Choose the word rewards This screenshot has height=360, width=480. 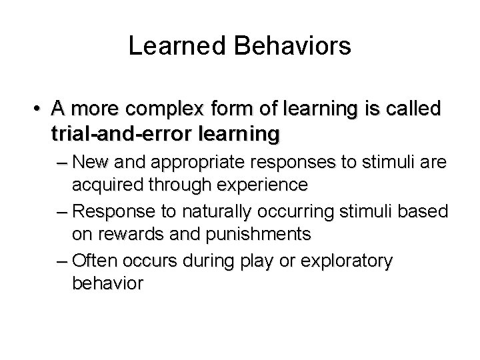pos(123,233)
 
